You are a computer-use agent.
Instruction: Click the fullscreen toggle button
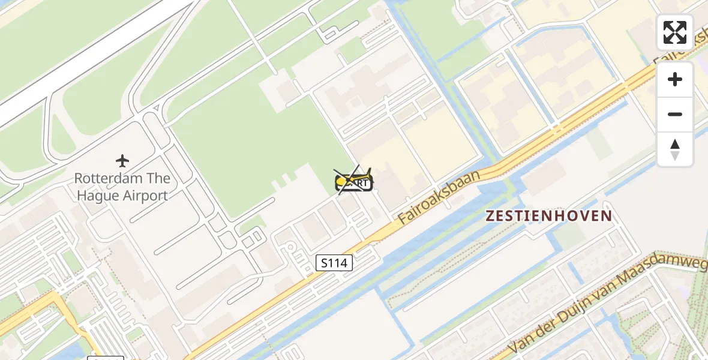tap(675, 32)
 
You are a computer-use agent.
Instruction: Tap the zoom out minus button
tap(675, 114)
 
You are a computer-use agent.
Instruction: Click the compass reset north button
tap(675, 149)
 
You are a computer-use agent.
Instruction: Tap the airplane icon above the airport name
tap(122, 161)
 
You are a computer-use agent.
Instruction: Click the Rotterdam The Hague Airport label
tap(122, 187)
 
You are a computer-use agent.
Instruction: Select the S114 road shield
tap(334, 262)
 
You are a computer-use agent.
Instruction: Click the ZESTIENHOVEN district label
tap(549, 216)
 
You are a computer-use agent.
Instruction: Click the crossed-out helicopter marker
tap(354, 180)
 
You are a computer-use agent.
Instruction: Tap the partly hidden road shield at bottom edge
tap(106, 358)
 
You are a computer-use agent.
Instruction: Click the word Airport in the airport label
tap(146, 195)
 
